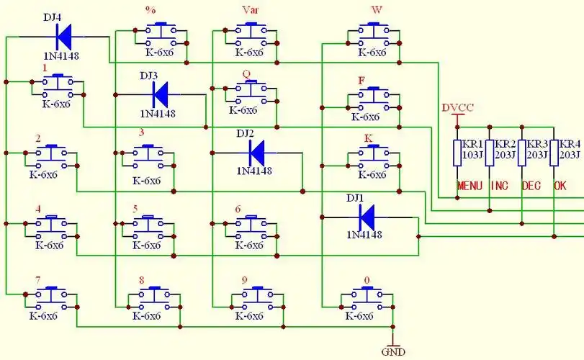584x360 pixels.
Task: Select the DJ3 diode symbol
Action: pos(160,93)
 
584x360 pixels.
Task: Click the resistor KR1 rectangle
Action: pos(457,153)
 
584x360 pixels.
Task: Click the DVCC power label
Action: pos(458,108)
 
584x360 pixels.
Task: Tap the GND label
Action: pos(393,352)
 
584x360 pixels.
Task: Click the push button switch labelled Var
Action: pos(249,33)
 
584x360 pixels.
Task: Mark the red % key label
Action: pos(151,11)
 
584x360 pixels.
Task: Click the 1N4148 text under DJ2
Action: pos(254,171)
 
